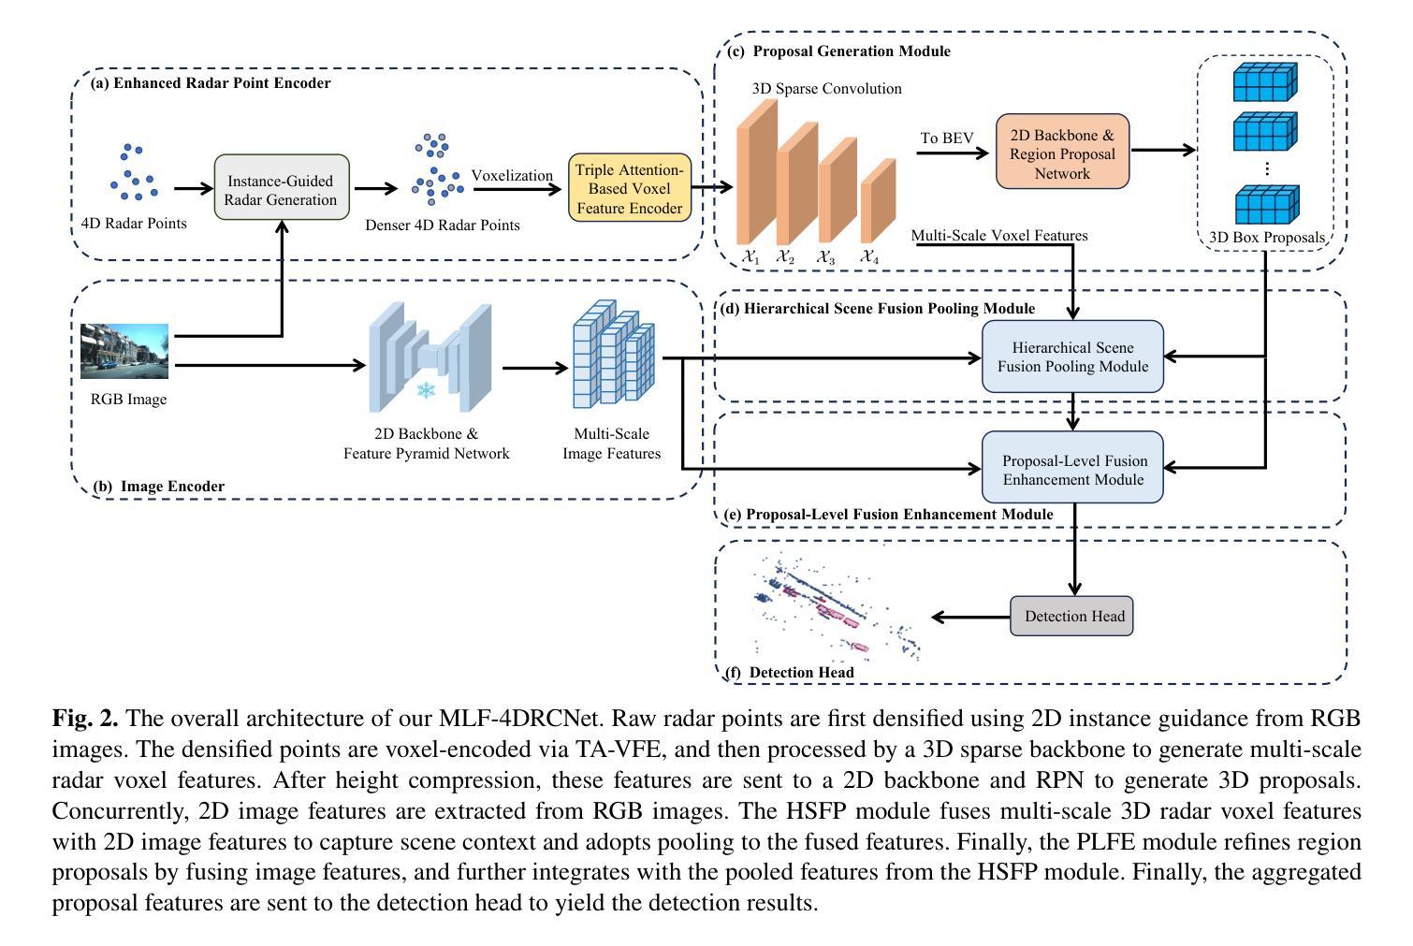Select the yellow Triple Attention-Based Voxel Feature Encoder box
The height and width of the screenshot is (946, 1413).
click(x=630, y=188)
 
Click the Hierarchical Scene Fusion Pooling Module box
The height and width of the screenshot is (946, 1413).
click(x=1072, y=357)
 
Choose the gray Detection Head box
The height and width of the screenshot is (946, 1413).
click(x=1071, y=616)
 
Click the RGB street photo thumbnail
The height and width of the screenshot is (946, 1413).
click(x=124, y=351)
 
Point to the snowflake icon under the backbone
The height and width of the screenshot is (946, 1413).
click(x=427, y=389)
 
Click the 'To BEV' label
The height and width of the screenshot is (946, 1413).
click(x=946, y=138)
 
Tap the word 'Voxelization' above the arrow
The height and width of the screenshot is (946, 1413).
click(x=512, y=175)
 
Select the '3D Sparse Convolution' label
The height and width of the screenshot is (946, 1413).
click(x=826, y=89)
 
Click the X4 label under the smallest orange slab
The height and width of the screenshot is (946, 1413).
click(x=869, y=256)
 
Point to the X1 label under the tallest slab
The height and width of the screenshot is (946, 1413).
click(x=750, y=256)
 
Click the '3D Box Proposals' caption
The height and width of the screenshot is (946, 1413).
click(x=1266, y=238)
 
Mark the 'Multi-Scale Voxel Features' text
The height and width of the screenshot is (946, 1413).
click(x=999, y=236)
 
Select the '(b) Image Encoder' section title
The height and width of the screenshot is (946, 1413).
click(x=159, y=487)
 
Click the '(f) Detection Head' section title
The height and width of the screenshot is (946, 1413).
click(x=790, y=673)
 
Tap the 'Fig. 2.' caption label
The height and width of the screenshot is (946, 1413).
click(x=85, y=719)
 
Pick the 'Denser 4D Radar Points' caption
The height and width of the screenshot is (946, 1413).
click(x=443, y=225)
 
